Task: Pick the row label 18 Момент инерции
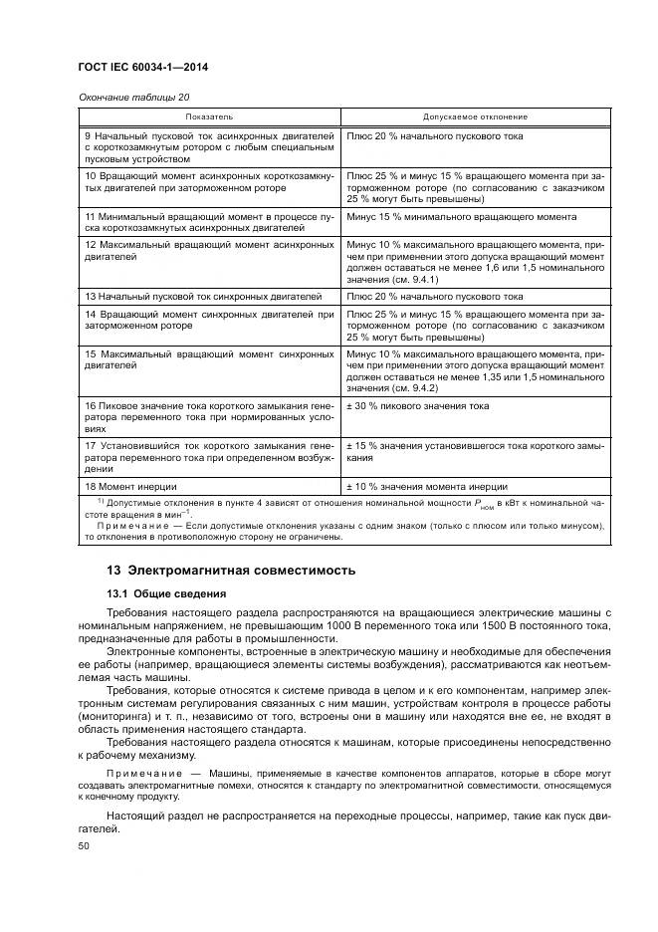130,486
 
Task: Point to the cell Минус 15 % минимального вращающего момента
461,216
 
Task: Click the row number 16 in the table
90,406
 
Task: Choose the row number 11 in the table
90,216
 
